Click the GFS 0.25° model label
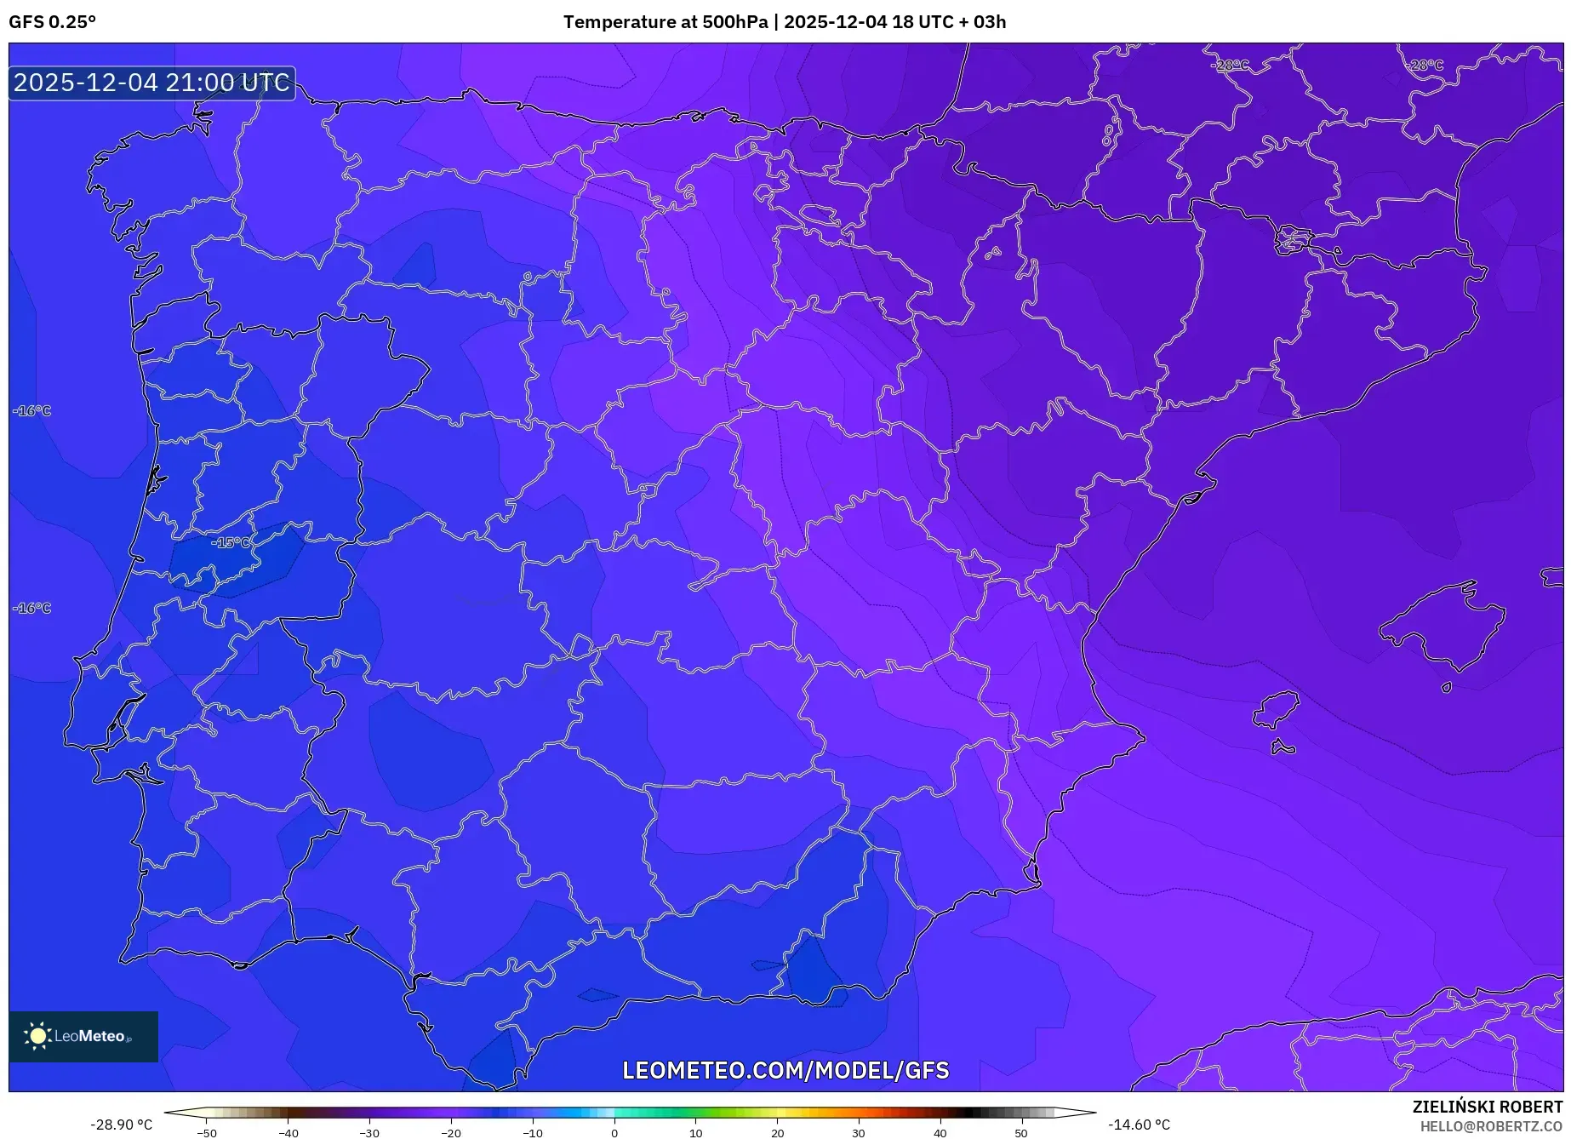click(x=52, y=22)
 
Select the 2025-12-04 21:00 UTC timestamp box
click(x=151, y=83)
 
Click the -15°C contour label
click(x=231, y=543)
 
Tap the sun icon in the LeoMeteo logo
click(x=37, y=1036)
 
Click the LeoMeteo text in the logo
click(x=89, y=1036)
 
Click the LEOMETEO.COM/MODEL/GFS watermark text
click(x=785, y=1070)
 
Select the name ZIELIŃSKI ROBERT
click(x=1487, y=1107)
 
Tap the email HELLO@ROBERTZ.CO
click(x=1491, y=1126)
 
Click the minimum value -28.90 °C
click(x=121, y=1125)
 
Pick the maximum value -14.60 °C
click(x=1139, y=1125)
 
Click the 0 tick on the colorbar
click(x=614, y=1133)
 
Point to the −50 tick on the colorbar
click(x=207, y=1133)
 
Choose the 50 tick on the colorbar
click(x=1021, y=1133)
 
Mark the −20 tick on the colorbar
click(x=451, y=1133)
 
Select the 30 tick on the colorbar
click(x=859, y=1133)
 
